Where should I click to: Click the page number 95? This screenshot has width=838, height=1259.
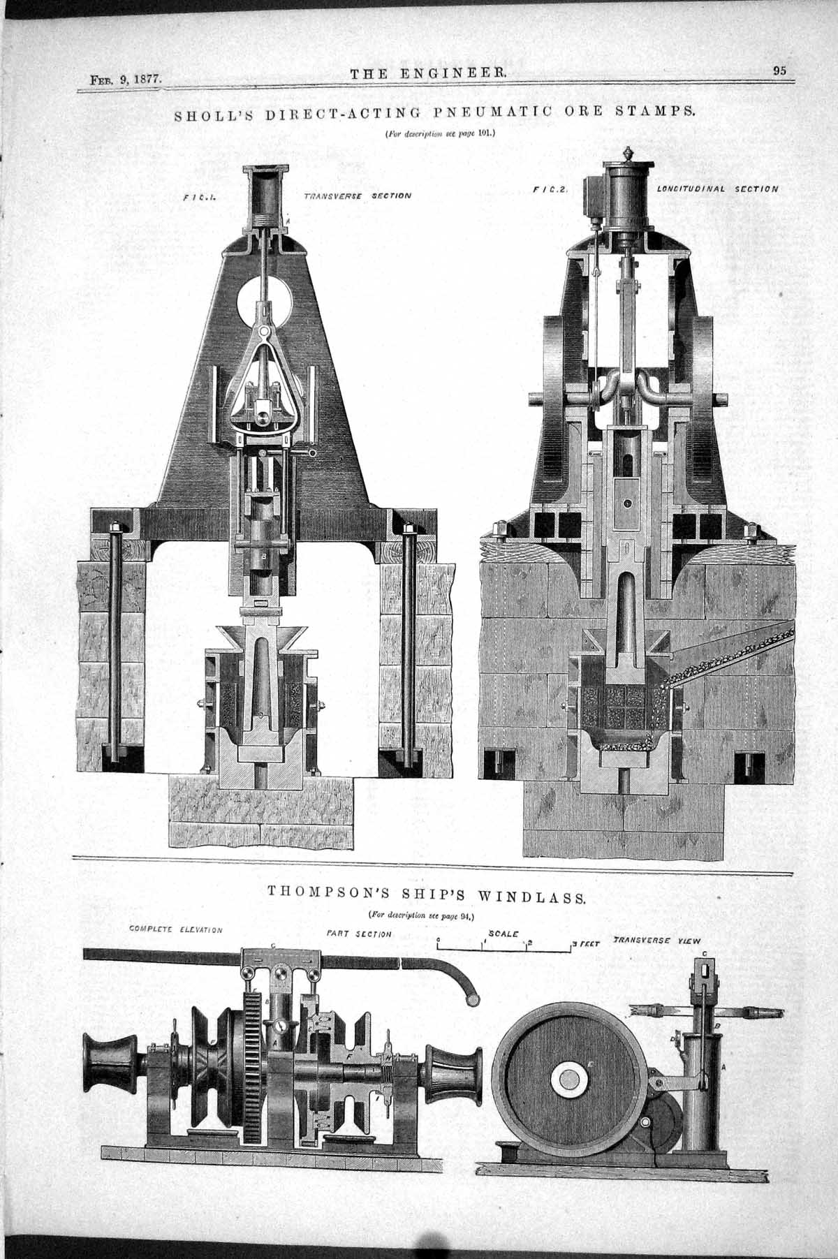click(780, 70)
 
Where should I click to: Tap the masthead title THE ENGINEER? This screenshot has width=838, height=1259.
click(428, 73)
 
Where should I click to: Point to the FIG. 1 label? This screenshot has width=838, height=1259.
click(198, 198)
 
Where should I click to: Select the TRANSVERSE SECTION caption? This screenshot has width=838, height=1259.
click(358, 196)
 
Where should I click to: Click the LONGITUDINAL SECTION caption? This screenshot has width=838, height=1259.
click(717, 189)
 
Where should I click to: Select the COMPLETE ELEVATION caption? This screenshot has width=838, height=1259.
click(176, 930)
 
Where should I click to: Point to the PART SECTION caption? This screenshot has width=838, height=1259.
click(359, 933)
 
